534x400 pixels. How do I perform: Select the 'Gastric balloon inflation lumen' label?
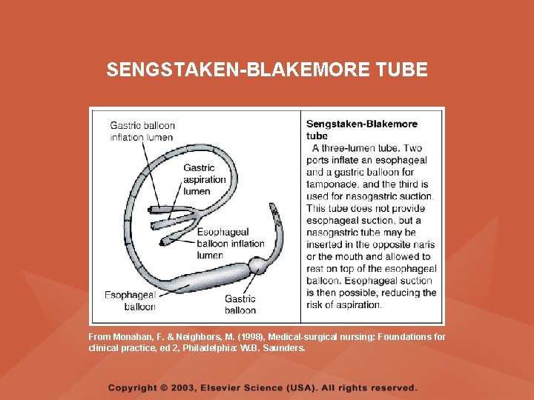142,131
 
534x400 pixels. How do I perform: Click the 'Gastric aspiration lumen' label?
204,179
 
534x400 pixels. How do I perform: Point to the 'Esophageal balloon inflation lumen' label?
230,244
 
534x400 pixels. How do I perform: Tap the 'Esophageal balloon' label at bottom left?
130,301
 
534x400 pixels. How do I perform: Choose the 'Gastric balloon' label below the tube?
240,304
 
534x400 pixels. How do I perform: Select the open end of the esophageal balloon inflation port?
165,241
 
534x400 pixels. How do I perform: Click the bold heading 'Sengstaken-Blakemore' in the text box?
362,124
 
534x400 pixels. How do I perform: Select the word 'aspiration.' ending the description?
359,304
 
